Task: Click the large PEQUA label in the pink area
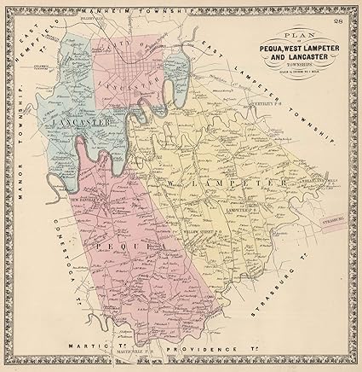pos(119,246)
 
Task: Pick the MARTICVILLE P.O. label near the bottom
pos(135,357)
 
